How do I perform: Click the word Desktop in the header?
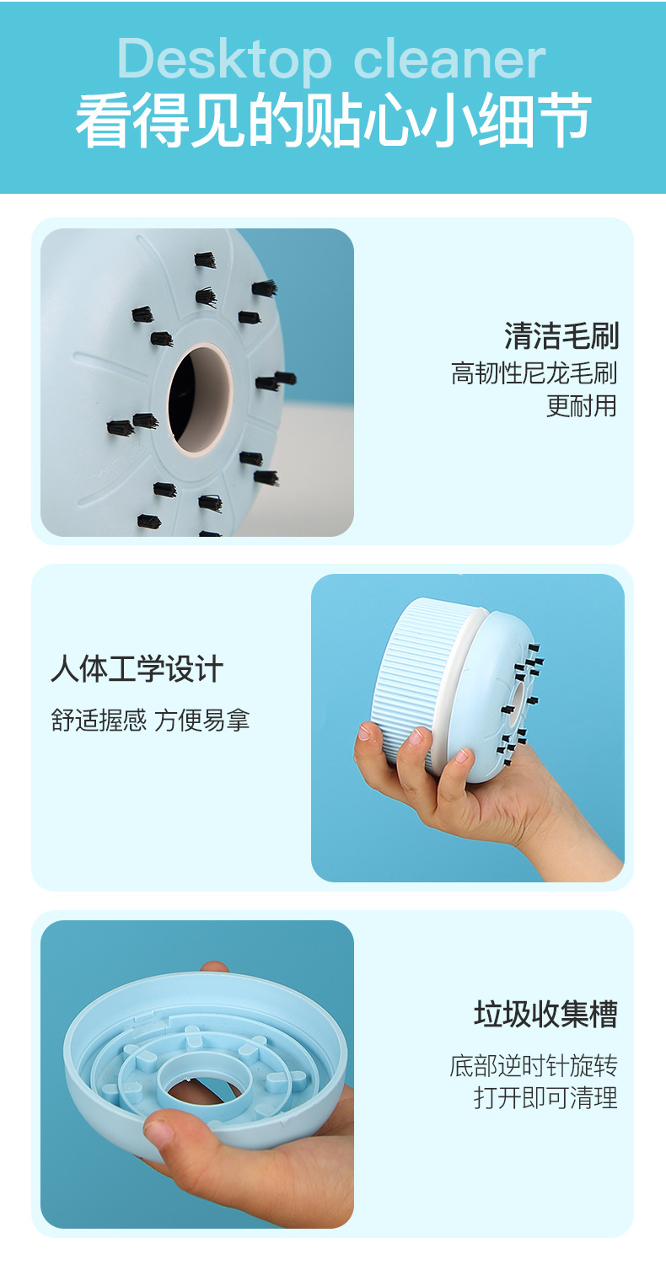click(x=223, y=61)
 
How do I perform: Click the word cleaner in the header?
click(x=449, y=61)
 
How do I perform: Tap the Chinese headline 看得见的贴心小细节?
click(x=333, y=121)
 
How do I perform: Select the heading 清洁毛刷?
click(x=561, y=336)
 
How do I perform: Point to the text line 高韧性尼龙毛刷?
click(x=534, y=372)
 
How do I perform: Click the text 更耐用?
click(x=582, y=405)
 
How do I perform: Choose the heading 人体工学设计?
click(x=137, y=671)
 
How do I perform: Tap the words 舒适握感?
click(x=99, y=721)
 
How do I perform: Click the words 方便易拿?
click(x=202, y=721)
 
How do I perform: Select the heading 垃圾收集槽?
click(x=545, y=1014)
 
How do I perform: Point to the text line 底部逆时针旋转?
click(x=534, y=1066)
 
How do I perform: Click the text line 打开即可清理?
click(x=545, y=1098)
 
